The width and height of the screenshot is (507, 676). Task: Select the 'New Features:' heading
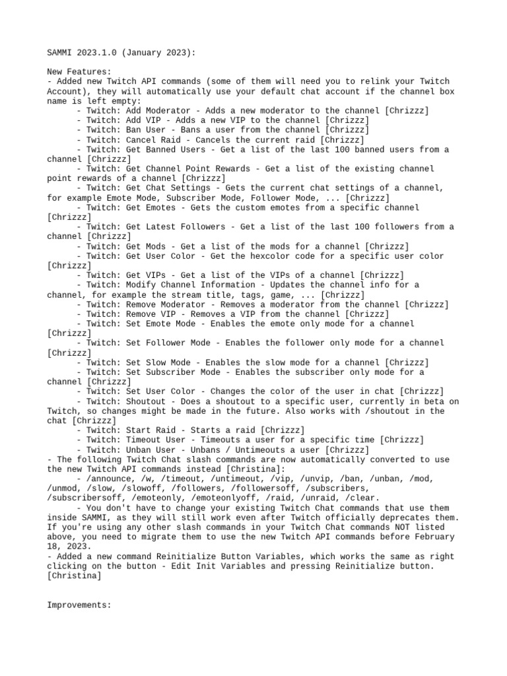(79, 71)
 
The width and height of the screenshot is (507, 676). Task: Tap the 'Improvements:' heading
(79, 605)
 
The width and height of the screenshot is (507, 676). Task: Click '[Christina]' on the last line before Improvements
(74, 576)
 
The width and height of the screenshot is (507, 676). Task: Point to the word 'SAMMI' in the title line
(59, 52)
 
